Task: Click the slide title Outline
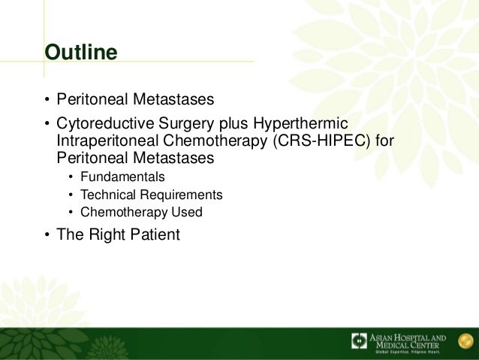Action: (81, 53)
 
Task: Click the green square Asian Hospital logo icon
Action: (360, 341)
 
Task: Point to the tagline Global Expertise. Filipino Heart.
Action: (408, 352)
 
